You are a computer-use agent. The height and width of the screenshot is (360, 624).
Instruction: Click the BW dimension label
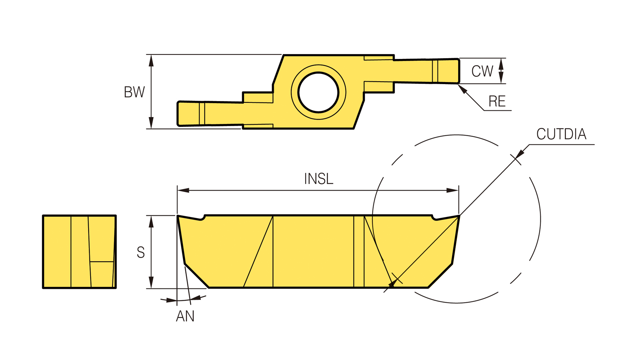pyautogui.click(x=134, y=92)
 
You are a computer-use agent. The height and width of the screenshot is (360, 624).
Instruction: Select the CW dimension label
pyautogui.click(x=482, y=71)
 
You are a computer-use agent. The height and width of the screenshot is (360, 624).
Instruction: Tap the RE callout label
pyautogui.click(x=497, y=101)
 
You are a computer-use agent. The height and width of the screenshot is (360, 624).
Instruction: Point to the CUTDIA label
pyautogui.click(x=561, y=134)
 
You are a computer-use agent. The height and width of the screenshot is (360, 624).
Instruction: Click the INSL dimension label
pyautogui.click(x=318, y=179)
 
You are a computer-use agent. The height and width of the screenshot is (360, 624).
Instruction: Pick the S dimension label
pyautogui.click(x=141, y=252)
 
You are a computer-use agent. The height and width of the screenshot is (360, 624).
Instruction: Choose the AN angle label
pyautogui.click(x=185, y=316)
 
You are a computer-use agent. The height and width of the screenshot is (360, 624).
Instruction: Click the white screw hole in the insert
pyautogui.click(x=318, y=92)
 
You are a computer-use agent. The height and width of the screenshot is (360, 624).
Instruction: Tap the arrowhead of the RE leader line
pyautogui.click(x=462, y=89)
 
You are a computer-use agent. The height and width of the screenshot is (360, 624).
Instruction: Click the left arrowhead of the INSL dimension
pyautogui.click(x=183, y=190)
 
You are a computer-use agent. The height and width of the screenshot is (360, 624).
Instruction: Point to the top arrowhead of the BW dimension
pyautogui.click(x=151, y=61)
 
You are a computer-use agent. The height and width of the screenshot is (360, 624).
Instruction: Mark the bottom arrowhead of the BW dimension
pyautogui.click(x=151, y=123)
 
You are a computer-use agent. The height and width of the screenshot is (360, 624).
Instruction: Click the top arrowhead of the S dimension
pyautogui.click(x=151, y=221)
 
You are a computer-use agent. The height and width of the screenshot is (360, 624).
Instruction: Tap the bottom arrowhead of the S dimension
pyautogui.click(x=151, y=282)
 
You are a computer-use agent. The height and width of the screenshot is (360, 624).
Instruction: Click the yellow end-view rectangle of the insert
pyautogui.click(x=79, y=252)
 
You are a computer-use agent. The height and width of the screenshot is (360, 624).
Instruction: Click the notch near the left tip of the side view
pyautogui.click(x=203, y=217)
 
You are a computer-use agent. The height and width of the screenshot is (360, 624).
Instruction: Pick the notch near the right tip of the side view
pyautogui.click(x=434, y=217)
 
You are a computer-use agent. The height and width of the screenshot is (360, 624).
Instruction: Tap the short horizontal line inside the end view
pyautogui.click(x=102, y=262)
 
